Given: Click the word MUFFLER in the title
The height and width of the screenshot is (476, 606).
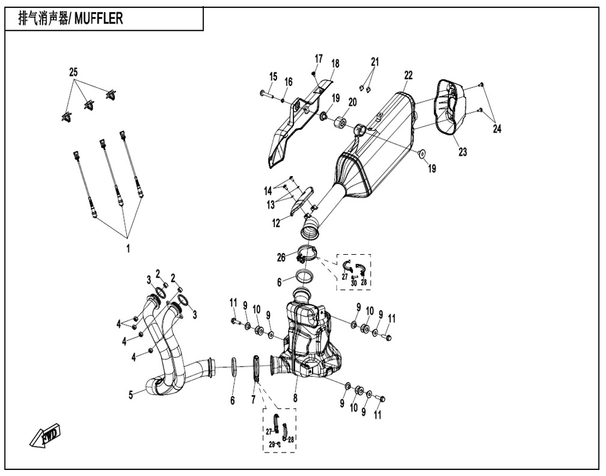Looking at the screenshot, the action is [99, 18].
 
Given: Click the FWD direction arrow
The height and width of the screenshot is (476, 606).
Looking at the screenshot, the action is [46, 434].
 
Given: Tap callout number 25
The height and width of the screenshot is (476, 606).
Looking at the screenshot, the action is [73, 72].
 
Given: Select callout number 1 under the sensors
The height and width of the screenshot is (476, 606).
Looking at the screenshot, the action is [128, 248].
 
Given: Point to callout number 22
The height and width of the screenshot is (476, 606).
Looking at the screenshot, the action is [409, 75].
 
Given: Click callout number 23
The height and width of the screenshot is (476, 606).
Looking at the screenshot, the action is [463, 152].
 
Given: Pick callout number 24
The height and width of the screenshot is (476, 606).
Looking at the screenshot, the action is [497, 129].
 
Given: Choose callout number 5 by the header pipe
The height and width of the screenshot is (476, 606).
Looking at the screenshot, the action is [131, 395].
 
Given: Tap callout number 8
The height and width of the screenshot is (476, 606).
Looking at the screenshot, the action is [295, 398].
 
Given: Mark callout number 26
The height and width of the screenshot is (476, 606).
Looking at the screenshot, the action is [281, 257].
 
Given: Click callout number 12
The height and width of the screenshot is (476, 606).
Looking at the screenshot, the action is [276, 223].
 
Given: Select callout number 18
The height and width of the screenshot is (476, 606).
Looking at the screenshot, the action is [335, 64].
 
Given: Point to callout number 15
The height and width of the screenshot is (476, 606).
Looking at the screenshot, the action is [273, 76].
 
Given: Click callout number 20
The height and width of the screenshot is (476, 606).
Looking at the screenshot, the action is [352, 102].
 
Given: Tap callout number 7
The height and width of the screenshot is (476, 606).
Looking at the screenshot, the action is [253, 399].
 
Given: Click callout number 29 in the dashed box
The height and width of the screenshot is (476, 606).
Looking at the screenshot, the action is [272, 445].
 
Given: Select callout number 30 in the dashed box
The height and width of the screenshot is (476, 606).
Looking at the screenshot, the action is [353, 283].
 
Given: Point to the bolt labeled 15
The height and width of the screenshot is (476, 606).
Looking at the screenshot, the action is [267, 94].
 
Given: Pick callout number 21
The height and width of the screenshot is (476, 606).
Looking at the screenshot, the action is [375, 62].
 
